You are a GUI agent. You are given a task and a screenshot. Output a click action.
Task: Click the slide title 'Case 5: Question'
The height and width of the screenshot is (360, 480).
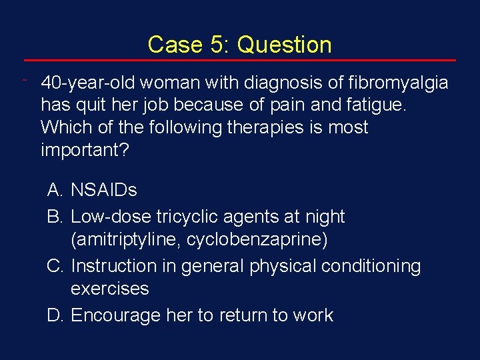(x=239, y=45)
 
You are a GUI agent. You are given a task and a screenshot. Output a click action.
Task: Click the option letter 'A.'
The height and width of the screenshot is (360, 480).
(x=55, y=191)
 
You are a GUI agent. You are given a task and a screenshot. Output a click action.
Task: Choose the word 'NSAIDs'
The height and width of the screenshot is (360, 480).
(x=103, y=191)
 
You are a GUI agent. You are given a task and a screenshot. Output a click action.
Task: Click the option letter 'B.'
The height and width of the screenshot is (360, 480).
(x=55, y=217)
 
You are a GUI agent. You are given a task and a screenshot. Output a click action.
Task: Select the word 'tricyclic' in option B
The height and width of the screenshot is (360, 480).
(x=186, y=217)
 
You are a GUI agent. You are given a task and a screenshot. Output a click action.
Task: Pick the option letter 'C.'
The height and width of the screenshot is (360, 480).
(x=55, y=266)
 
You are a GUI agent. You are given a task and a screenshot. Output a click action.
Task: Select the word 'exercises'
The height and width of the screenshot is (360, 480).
(x=109, y=289)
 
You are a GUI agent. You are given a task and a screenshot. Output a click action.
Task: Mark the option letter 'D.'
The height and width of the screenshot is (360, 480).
(x=55, y=315)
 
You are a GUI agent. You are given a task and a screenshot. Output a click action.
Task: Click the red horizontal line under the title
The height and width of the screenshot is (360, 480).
(x=239, y=61)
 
